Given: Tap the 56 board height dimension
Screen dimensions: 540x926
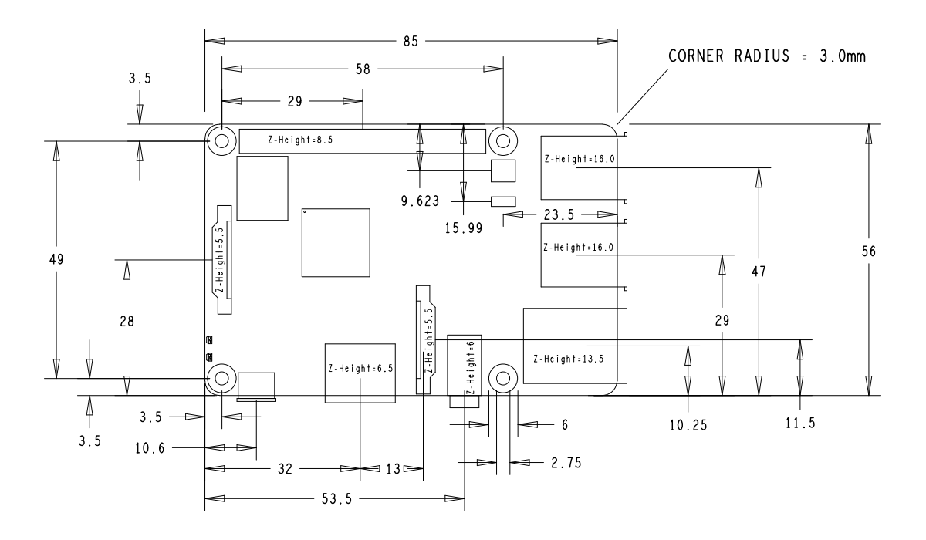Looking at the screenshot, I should [x=870, y=251].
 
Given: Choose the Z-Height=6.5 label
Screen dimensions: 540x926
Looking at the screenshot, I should [x=360, y=369].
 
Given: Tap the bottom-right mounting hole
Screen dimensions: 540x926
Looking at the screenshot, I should [x=503, y=378].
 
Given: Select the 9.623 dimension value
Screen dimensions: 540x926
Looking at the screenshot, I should [x=418, y=202].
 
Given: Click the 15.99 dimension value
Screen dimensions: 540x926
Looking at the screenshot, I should [x=461, y=228].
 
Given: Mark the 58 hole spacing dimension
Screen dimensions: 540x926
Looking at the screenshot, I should [x=363, y=69].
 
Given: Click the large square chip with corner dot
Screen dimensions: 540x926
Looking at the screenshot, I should [x=336, y=242].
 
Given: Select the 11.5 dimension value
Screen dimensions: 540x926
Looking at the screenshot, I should [x=800, y=424].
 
